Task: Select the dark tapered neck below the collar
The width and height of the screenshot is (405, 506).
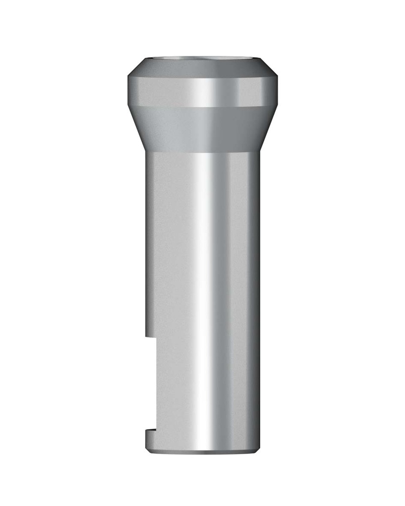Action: click(202, 128)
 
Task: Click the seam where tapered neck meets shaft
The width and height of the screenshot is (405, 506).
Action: click(202, 151)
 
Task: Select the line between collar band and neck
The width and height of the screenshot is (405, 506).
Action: click(202, 106)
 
